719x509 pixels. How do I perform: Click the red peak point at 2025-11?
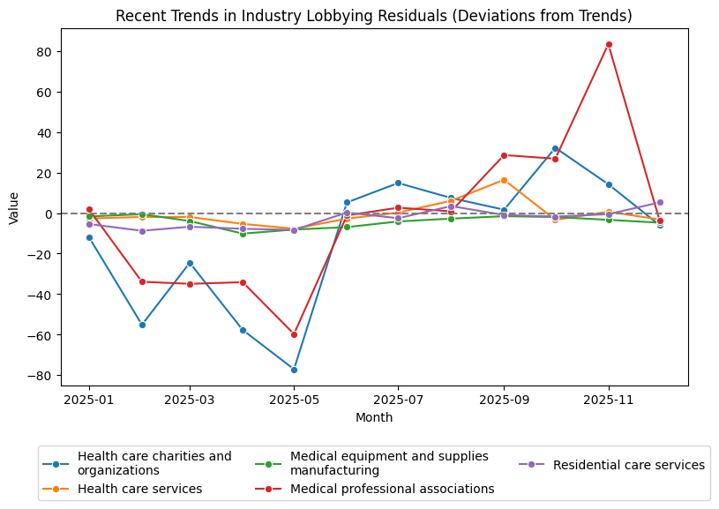pyautogui.click(x=609, y=44)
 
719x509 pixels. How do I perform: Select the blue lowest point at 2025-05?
pyautogui.click(x=295, y=370)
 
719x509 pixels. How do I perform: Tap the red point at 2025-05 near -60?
pyautogui.click(x=295, y=334)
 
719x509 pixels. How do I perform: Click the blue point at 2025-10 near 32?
pyautogui.click(x=555, y=148)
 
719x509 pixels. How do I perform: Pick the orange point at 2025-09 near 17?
pyautogui.click(x=504, y=180)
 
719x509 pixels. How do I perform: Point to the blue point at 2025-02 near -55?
pyautogui.click(x=141, y=325)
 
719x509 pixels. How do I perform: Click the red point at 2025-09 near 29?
pyautogui.click(x=504, y=155)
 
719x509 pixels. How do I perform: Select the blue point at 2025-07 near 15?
pyautogui.click(x=398, y=183)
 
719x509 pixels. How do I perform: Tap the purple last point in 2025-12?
pyautogui.click(x=660, y=202)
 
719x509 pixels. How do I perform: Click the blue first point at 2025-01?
pyautogui.click(x=89, y=237)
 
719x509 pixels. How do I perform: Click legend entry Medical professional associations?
pyautogui.click(x=392, y=489)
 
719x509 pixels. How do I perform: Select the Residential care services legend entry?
pyautogui.click(x=628, y=465)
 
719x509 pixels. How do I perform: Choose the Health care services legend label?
pyautogui.click(x=139, y=489)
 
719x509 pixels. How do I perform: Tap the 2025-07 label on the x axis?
pyautogui.click(x=398, y=399)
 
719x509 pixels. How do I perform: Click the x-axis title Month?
pyautogui.click(x=374, y=417)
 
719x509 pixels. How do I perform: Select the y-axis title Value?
pyautogui.click(x=13, y=207)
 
